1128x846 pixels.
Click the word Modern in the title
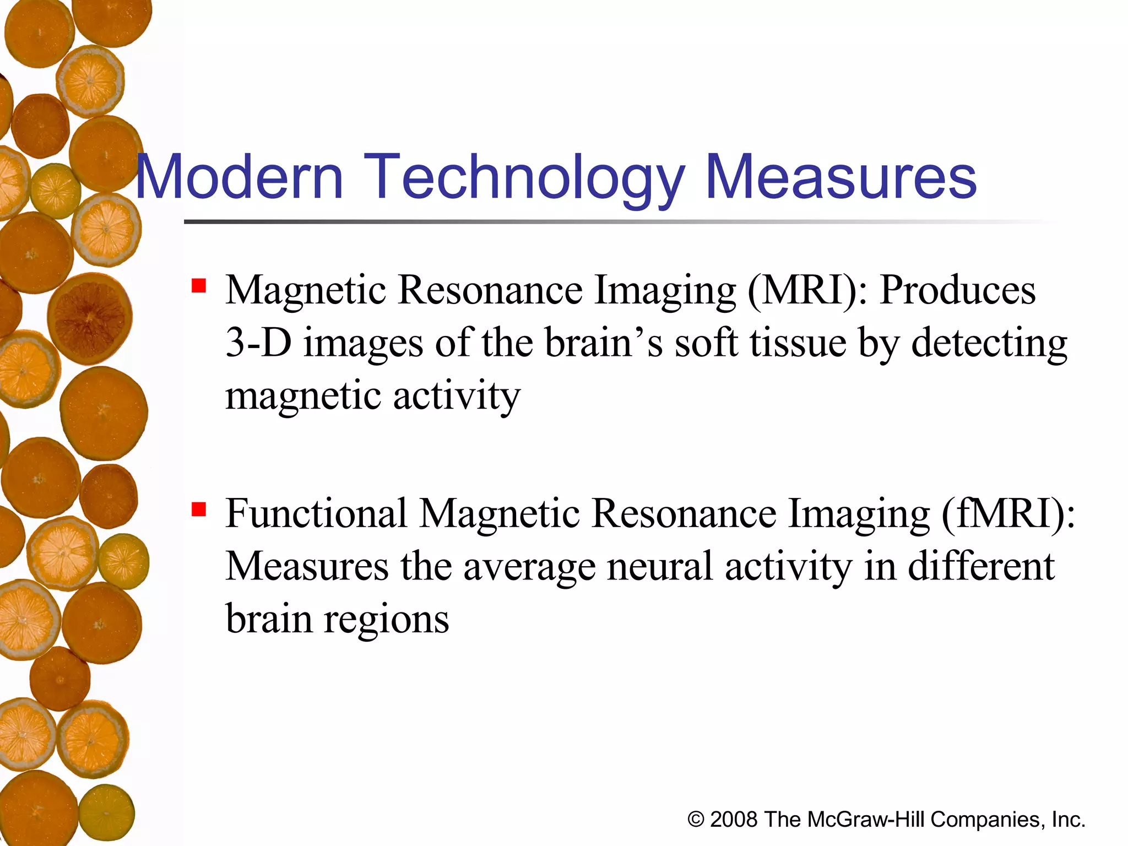[x=240, y=177]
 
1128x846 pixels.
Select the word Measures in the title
[x=840, y=177]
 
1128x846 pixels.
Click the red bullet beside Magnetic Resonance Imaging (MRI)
[x=199, y=286]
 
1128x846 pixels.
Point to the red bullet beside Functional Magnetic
[x=199, y=509]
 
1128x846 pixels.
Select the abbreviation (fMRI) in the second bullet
[x=1008, y=513]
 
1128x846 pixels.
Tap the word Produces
[x=957, y=290]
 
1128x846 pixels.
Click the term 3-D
[x=258, y=343]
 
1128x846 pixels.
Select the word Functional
[x=317, y=513]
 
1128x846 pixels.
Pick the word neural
[x=660, y=566]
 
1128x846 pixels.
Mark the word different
[x=981, y=566]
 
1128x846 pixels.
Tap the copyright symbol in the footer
[x=696, y=820]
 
